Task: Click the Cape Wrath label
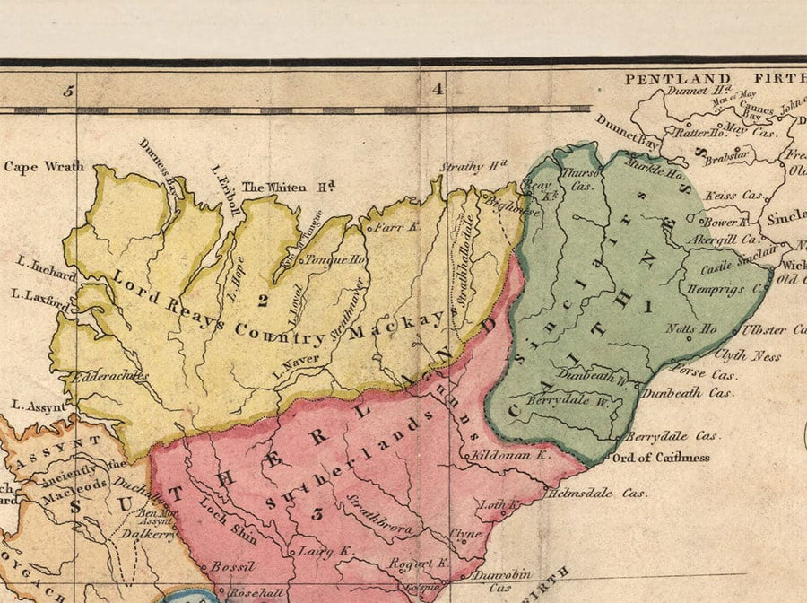44,166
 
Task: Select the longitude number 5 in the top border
67,90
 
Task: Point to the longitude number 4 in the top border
438,89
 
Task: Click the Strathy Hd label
473,166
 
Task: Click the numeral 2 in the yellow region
262,300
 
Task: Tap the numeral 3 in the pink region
316,514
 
